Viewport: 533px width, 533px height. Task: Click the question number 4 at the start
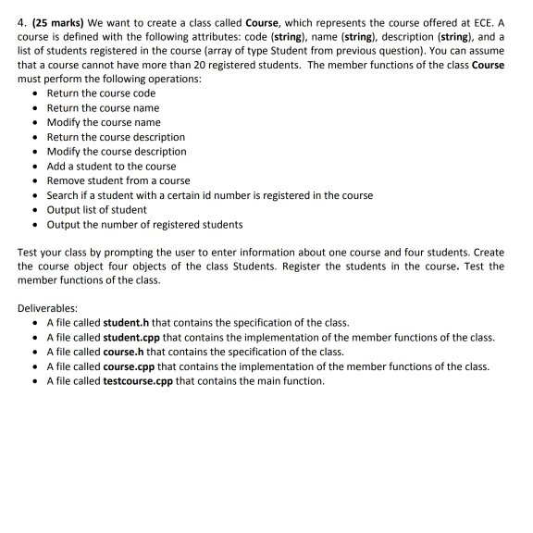point(21,13)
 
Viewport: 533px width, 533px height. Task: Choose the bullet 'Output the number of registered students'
point(144,224)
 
